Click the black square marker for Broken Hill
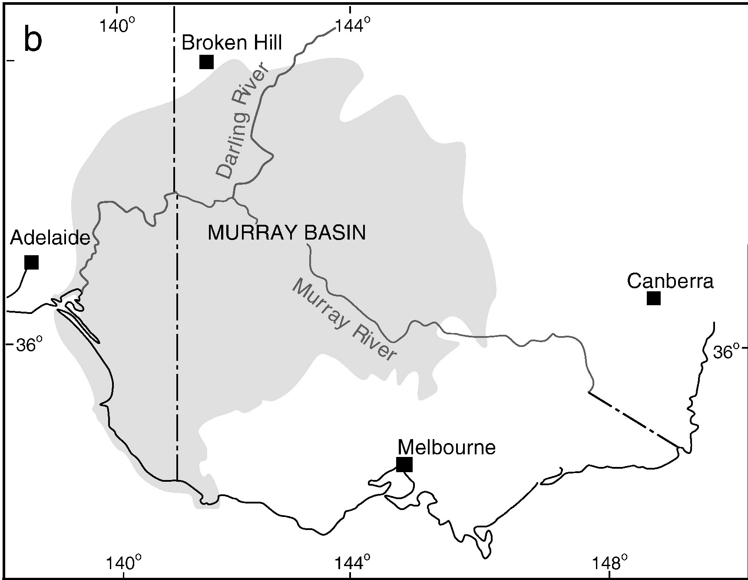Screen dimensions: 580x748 pyautogui.click(x=206, y=62)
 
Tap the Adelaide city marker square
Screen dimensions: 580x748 pyautogui.click(x=32, y=262)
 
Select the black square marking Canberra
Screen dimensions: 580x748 pyautogui.click(x=653, y=298)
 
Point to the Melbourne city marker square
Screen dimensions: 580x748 pyautogui.click(x=404, y=464)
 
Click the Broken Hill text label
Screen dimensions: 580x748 pyautogui.click(x=232, y=43)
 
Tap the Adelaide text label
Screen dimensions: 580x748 pyautogui.click(x=50, y=238)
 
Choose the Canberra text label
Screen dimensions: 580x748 pyautogui.click(x=670, y=281)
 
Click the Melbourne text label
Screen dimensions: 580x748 pyautogui.click(x=447, y=447)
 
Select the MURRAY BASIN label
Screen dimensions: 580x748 pyautogui.click(x=287, y=233)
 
